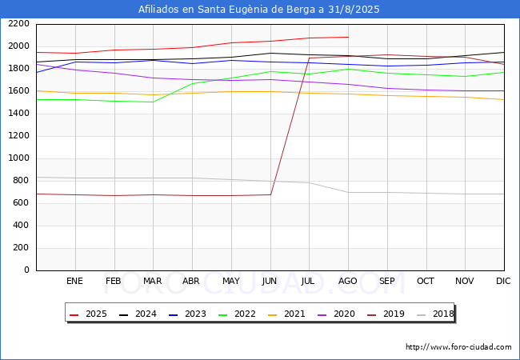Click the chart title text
tap(258, 10)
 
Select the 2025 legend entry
tap(88, 314)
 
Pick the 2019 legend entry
tap(386, 314)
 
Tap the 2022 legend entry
tap(237, 314)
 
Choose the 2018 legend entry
tap(435, 314)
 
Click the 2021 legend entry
tap(286, 314)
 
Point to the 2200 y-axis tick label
tap(18, 24)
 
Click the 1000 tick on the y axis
tap(18, 158)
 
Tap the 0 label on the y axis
tap(26, 270)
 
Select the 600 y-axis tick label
tap(21, 203)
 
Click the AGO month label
tap(347, 281)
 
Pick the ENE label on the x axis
tap(74, 281)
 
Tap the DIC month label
tap(503, 281)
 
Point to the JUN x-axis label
tap(270, 281)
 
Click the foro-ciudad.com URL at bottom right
tap(458, 347)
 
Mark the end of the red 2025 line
tap(348, 37)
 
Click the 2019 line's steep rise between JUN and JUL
tap(290, 126)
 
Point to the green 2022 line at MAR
tap(154, 102)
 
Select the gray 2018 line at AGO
tap(348, 192)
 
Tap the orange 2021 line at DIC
tap(504, 99)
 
